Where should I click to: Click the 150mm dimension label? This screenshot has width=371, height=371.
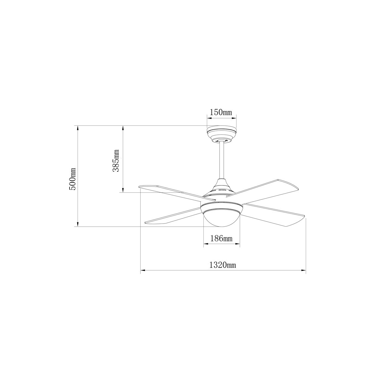[221, 112]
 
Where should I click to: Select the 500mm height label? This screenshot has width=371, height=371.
[73, 179]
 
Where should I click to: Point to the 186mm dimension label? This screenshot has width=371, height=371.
[221, 239]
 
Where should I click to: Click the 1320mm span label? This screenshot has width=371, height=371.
[223, 265]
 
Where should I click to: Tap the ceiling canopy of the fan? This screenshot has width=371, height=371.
[221, 134]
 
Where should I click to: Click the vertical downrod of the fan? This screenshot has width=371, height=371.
[222, 160]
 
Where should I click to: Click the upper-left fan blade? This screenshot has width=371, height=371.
[177, 193]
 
